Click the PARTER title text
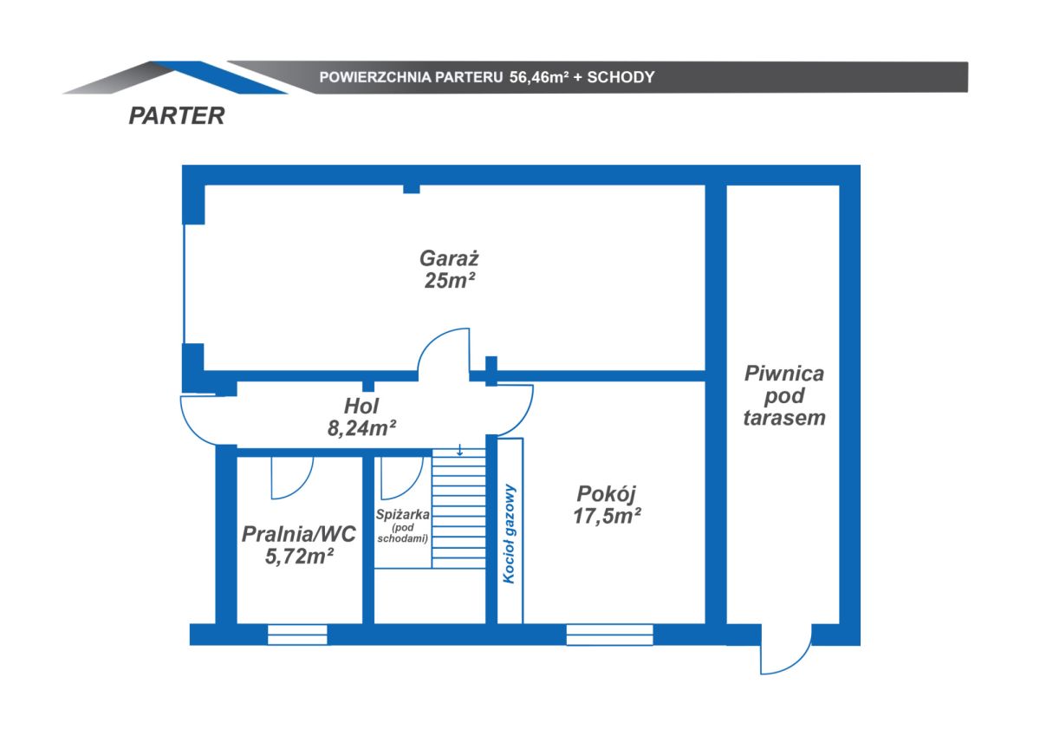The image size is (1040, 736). (x=177, y=115)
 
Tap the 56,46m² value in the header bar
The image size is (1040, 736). (x=539, y=77)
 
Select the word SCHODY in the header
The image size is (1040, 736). (x=621, y=77)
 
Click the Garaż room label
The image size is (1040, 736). (x=449, y=258)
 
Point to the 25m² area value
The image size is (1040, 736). (x=450, y=281)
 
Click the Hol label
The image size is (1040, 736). (x=361, y=407)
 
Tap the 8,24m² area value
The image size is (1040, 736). (x=361, y=428)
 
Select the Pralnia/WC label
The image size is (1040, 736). (x=298, y=534)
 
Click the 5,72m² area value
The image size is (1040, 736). (x=299, y=556)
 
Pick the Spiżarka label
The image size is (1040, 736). (x=402, y=514)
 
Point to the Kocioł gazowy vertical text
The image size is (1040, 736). (x=510, y=533)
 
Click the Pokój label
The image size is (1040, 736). (x=606, y=493)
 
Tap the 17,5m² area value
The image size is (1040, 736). (x=607, y=516)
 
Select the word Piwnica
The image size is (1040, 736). (x=784, y=374)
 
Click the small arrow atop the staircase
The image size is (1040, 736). (x=459, y=450)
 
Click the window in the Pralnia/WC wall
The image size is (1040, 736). (x=297, y=635)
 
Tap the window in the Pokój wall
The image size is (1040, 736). (x=609, y=635)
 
